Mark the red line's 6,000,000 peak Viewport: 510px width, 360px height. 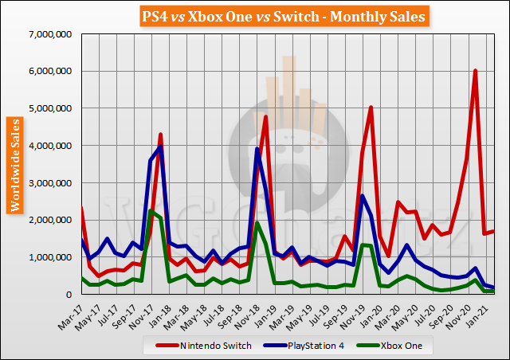pyautogui.click(x=475, y=71)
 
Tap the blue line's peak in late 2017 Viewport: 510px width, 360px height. pyautogui.click(x=160, y=147)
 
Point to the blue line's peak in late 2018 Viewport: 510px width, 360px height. pyautogui.click(x=257, y=149)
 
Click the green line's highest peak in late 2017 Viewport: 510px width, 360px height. pyautogui.click(x=151, y=210)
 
